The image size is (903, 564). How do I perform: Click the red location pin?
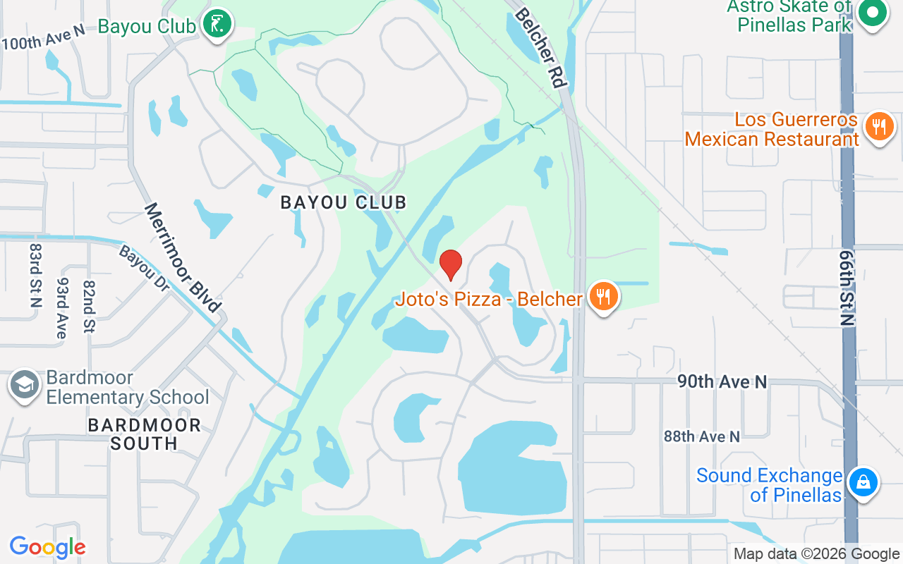(451, 264)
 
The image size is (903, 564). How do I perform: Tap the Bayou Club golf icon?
(218, 25)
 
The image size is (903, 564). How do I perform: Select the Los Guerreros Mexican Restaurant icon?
(878, 128)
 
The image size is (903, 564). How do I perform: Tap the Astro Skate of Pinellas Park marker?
(873, 13)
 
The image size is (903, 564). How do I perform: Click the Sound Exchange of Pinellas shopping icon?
(861, 484)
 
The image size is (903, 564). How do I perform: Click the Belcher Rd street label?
(540, 47)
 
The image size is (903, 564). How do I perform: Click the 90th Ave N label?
(722, 381)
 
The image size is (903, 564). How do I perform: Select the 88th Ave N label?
(701, 436)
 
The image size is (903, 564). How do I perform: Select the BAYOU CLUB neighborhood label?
(344, 203)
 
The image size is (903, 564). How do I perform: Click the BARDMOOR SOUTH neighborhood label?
(145, 434)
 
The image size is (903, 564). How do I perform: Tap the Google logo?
(47, 547)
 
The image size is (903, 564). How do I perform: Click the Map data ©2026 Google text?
(816, 554)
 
